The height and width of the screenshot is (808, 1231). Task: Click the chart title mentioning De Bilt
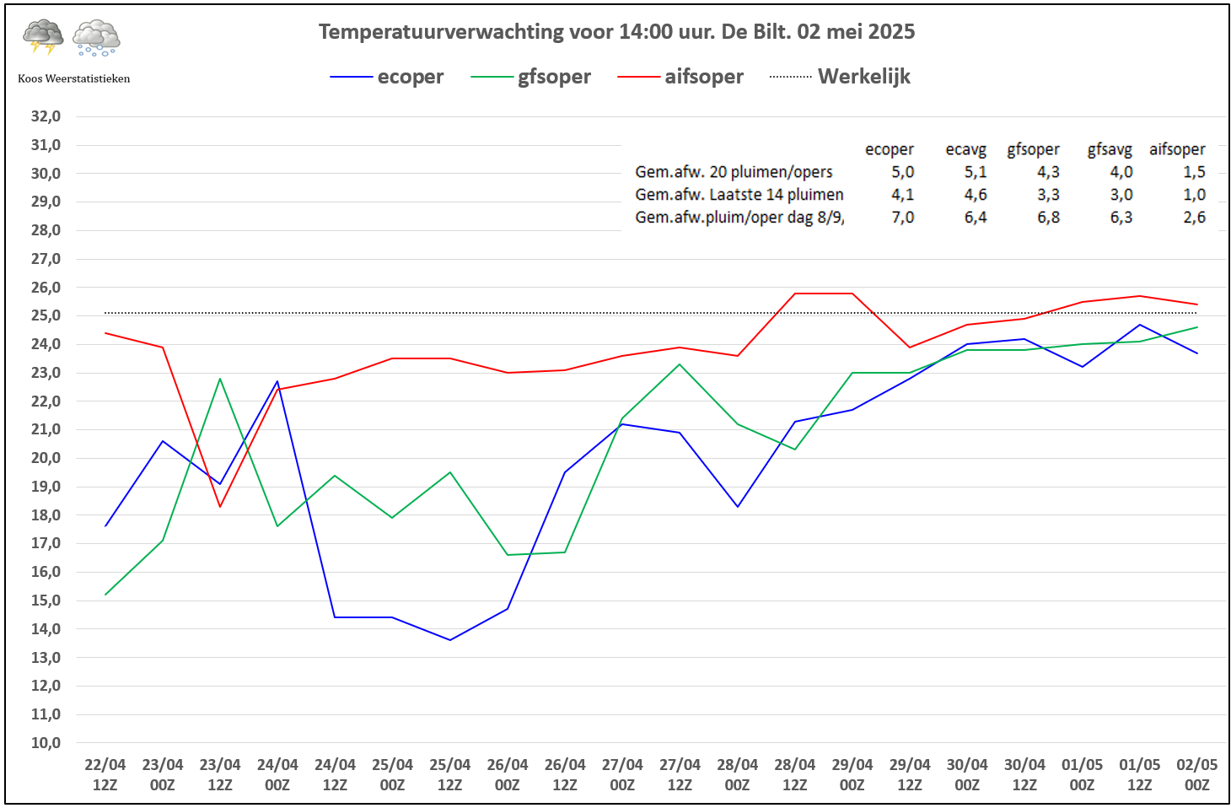616,32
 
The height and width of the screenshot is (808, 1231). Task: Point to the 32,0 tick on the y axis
46,116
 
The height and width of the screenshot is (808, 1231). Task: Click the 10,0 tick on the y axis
46,743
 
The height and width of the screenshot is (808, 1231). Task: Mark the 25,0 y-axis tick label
46,315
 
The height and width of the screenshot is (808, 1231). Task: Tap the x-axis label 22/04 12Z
105,774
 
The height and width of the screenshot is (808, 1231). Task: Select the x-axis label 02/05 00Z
1196,774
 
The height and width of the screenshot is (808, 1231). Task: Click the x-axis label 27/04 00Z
622,774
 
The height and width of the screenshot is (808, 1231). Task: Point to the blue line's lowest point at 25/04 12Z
450,640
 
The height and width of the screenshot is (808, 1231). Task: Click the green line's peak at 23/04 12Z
220,379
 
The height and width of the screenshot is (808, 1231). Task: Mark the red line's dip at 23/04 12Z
220,506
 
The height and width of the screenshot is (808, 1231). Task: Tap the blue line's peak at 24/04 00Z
277,381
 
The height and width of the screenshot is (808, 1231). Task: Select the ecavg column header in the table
965,150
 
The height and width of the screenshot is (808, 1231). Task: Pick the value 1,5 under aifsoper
1194,172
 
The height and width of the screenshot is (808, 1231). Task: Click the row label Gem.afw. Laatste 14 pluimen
739,195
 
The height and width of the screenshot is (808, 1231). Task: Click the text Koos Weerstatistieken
74,78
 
